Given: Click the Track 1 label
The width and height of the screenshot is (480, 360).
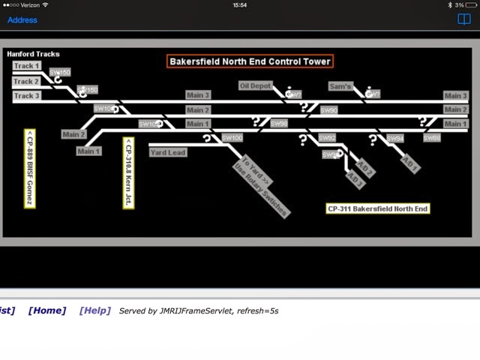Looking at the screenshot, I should point(26,66).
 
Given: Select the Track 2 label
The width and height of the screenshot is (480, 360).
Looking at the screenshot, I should point(26,81).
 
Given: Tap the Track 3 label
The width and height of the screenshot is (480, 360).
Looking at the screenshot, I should point(26,96).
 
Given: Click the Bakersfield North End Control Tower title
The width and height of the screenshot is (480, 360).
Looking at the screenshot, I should point(249,61).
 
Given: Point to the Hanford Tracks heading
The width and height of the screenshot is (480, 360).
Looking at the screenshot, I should point(33,54).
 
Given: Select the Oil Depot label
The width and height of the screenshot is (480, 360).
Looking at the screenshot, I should point(255,86).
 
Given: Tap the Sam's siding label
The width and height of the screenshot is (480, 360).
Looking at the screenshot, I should point(340,86).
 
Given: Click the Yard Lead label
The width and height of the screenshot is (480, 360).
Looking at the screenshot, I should point(167,152).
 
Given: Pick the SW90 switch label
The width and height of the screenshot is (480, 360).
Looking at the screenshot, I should point(328,110).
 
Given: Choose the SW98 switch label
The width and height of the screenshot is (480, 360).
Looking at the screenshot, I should point(279,124).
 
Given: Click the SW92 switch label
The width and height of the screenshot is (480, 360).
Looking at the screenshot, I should point(327,138).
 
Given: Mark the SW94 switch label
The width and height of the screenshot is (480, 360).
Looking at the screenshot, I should point(395,139).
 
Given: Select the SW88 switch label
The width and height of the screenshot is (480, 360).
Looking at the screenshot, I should point(431,138).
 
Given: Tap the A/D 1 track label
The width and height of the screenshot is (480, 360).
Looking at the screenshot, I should point(410,164).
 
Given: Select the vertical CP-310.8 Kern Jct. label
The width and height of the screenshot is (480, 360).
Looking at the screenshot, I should point(128,172).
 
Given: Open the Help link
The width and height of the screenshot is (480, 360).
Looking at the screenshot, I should point(94,310).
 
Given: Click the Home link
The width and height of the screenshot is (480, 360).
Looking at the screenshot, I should point(47,310).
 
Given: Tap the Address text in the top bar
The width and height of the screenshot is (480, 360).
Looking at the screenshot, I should point(22,19).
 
